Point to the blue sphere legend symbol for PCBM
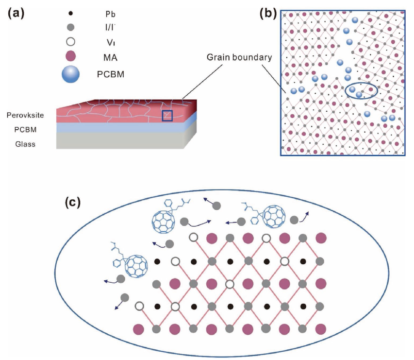click(x=71, y=74)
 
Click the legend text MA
click(x=110, y=58)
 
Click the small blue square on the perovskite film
click(x=167, y=115)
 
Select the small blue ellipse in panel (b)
click(x=361, y=91)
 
